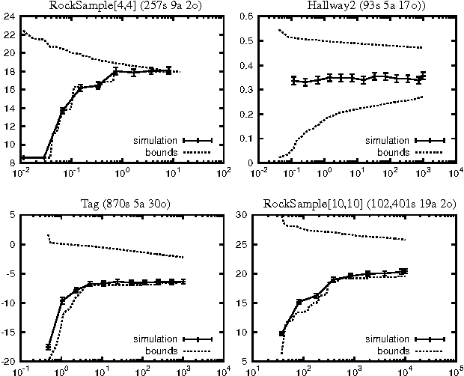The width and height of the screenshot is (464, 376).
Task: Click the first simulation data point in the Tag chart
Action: click(x=49, y=348)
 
